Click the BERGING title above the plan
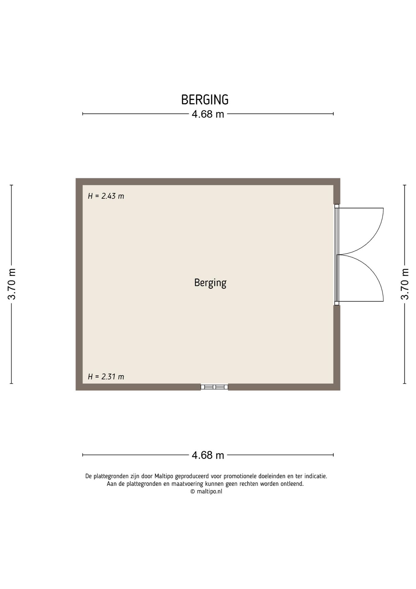[x=205, y=100]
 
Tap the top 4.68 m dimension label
[x=208, y=114]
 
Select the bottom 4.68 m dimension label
[x=208, y=455]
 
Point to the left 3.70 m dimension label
[x=12, y=284]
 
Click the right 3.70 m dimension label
[x=405, y=284]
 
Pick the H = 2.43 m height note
[x=106, y=196]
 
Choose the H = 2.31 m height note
[x=106, y=376]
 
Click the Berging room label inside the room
[x=210, y=283]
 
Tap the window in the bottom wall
[x=214, y=387]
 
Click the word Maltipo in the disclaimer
[x=164, y=476]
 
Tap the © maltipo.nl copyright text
[x=206, y=491]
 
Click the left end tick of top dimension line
[x=83, y=114]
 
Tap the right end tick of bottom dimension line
[x=333, y=455]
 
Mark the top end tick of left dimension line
[x=12, y=185]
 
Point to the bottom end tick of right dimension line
[x=405, y=383]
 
